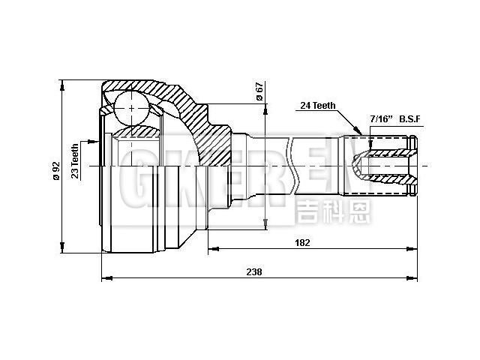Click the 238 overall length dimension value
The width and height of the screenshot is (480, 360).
(254, 271)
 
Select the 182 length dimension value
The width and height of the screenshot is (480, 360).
(302, 242)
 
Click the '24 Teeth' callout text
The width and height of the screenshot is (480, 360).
(318, 106)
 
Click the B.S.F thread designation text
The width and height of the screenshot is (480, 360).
(412, 119)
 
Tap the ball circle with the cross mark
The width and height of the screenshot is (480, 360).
(133, 108)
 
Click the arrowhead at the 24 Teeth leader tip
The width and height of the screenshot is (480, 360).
(359, 133)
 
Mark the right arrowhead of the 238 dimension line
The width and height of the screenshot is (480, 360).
(414, 278)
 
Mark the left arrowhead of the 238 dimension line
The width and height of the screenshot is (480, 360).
(105, 278)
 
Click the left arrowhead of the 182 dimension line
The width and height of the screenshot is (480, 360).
(212, 248)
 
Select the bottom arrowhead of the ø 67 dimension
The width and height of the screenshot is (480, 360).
(265, 223)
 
